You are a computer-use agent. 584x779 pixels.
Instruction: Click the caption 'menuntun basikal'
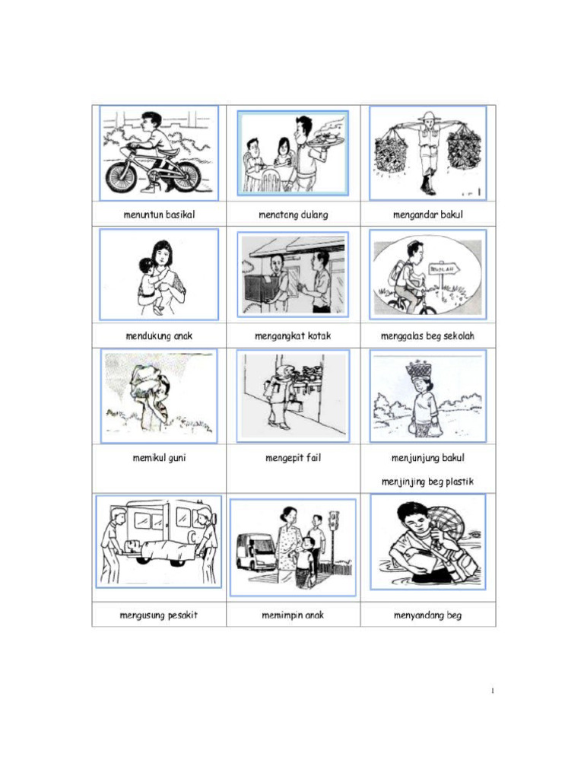[159, 215]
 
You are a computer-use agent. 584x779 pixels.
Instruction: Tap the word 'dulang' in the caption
[314, 215]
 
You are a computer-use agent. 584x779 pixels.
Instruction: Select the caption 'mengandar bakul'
[427, 215]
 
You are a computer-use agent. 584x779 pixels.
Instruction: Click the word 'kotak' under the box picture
[319, 335]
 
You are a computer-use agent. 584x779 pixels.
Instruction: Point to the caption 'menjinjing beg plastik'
[427, 482]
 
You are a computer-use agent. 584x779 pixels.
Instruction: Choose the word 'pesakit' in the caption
[182, 615]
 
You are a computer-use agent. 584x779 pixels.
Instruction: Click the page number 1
[492, 691]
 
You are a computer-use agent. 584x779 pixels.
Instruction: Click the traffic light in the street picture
[334, 520]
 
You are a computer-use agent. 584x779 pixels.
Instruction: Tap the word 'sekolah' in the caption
[459, 335]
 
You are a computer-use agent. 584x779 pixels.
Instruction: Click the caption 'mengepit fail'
[293, 457]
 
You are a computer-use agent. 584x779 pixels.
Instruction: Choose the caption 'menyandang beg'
[427, 615]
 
